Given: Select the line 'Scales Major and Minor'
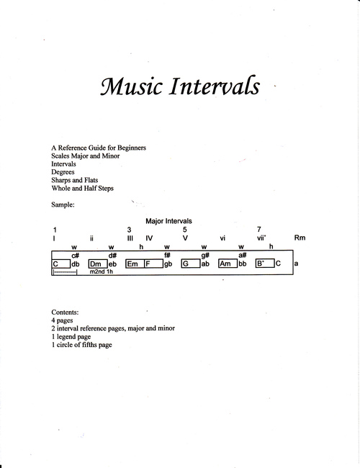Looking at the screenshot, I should (x=86, y=156).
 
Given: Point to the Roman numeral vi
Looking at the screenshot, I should (x=223, y=238).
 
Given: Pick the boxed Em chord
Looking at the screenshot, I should (x=132, y=264).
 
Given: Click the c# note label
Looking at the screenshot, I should (x=75, y=255).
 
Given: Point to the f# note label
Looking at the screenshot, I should (x=167, y=255).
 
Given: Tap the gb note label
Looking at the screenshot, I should (x=168, y=264).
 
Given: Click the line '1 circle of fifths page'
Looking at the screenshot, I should (x=82, y=345).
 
